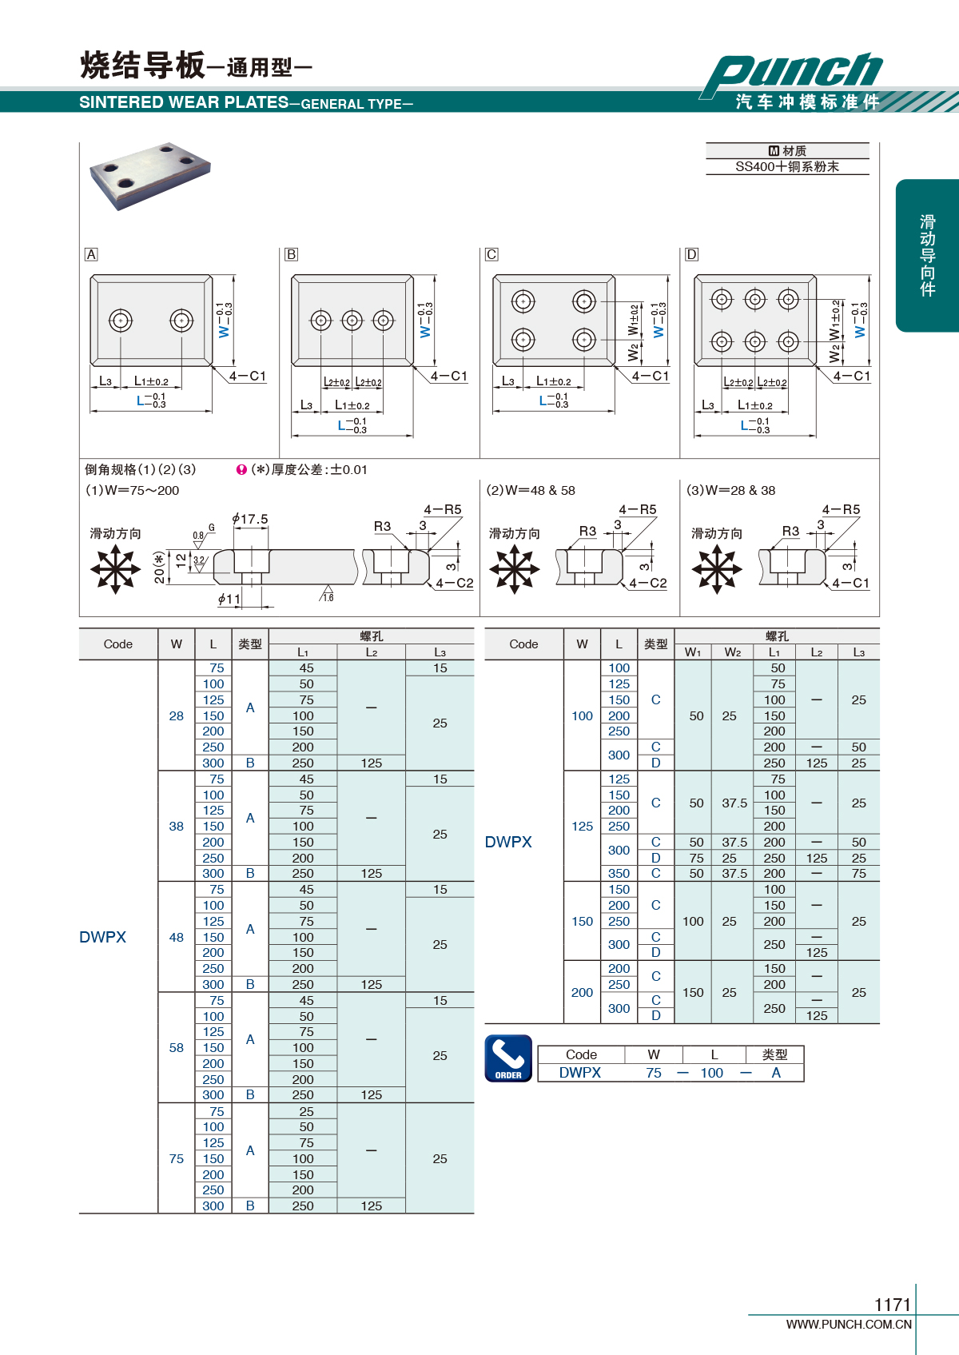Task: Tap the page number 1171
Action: [893, 1305]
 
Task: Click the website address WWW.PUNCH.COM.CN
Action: [849, 1324]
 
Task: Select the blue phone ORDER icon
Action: [508, 1058]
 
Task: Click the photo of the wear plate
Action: [150, 175]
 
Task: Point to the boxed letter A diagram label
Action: [90, 255]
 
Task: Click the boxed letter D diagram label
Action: [691, 255]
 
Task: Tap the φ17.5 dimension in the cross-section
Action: [249, 519]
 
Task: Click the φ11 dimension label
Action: [229, 599]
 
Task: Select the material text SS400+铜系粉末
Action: [786, 166]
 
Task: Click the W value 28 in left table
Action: [176, 715]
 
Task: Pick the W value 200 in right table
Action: [582, 992]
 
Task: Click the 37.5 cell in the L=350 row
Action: [734, 874]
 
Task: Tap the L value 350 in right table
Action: [619, 874]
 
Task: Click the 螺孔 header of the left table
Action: [372, 636]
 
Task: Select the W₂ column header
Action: [732, 652]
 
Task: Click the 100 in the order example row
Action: [712, 1073]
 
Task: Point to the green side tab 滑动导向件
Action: [927, 255]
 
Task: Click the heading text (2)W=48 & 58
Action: [531, 490]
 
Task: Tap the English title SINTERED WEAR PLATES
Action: [184, 102]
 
